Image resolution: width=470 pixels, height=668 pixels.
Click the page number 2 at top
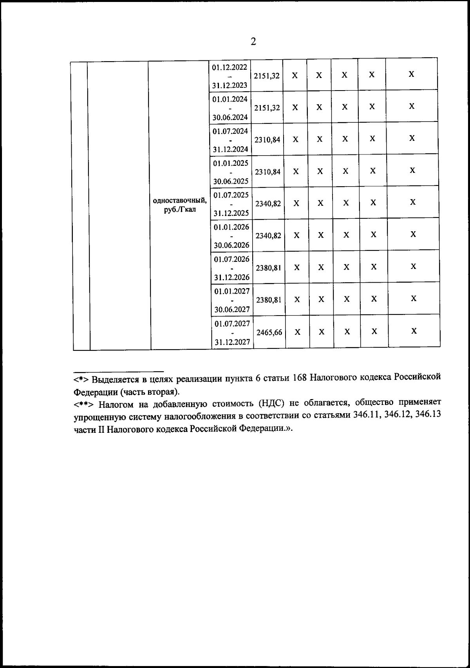[x=253, y=42]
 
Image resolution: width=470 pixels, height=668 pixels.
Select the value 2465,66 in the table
[x=269, y=332]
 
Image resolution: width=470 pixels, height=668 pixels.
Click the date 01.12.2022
[x=230, y=67]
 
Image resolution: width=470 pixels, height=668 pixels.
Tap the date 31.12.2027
[x=232, y=342]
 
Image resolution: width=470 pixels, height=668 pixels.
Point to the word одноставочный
[x=180, y=201]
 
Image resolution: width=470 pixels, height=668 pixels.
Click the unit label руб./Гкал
[x=180, y=209]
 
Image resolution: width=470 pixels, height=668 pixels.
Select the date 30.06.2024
[x=230, y=117]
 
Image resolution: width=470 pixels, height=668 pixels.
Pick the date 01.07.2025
[x=231, y=195]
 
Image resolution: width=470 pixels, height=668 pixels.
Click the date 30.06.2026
[x=231, y=245]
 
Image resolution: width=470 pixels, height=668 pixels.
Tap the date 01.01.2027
[x=232, y=291]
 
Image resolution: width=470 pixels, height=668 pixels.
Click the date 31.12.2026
[x=232, y=278]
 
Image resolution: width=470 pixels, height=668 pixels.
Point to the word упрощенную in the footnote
[x=95, y=417]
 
